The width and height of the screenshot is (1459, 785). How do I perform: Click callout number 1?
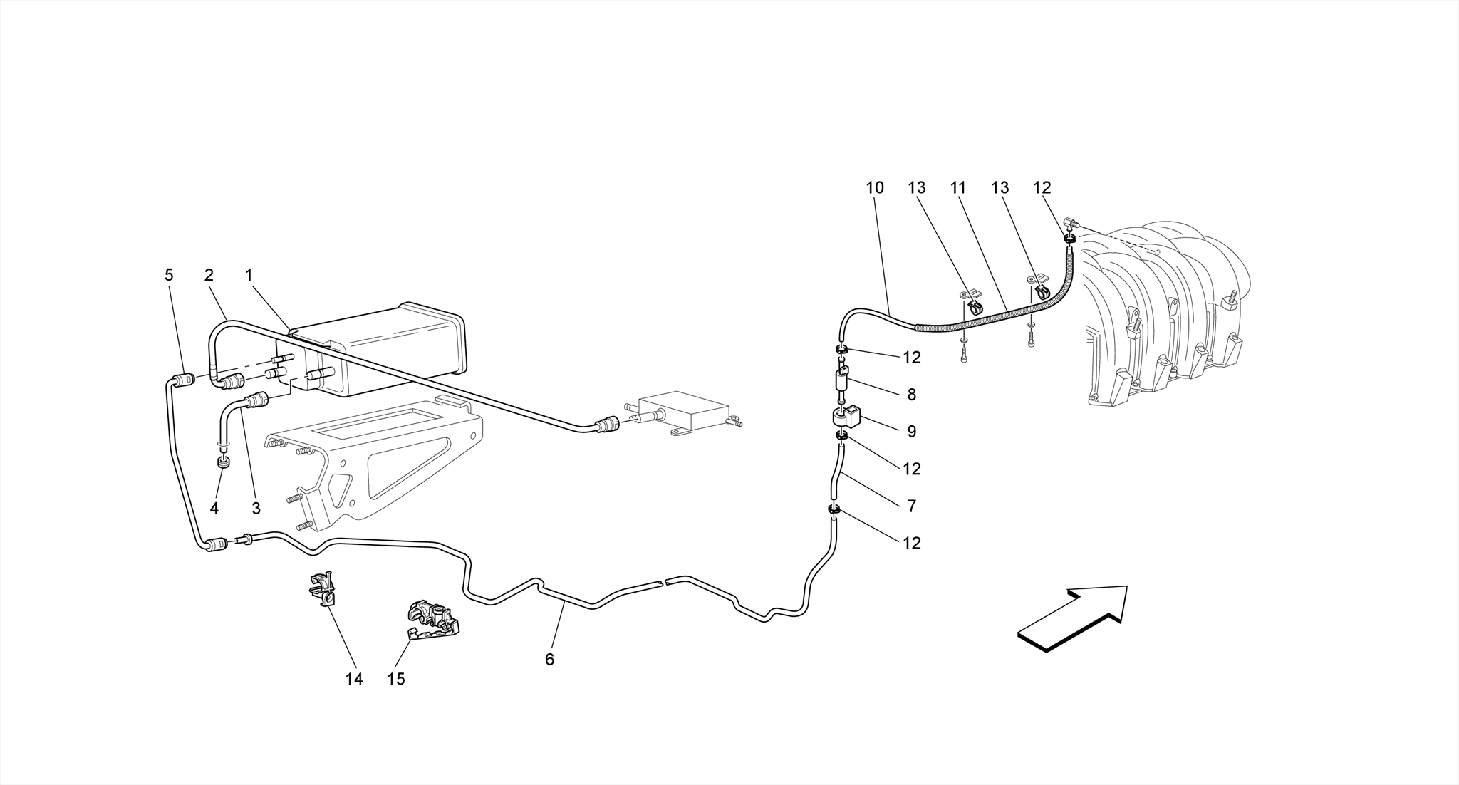click(x=249, y=275)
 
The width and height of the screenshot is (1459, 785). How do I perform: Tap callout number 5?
click(x=169, y=275)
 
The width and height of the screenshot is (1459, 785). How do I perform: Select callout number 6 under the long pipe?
click(x=549, y=660)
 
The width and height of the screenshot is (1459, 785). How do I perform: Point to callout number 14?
click(x=354, y=679)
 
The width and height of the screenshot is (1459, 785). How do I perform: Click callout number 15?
click(x=396, y=679)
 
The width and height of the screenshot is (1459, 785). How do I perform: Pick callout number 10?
click(x=875, y=187)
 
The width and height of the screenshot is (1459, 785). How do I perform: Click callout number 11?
click(x=958, y=187)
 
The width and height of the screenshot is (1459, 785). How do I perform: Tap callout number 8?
click(x=911, y=395)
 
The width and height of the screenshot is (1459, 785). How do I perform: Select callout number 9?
click(x=911, y=431)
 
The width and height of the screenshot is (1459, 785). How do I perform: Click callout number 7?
click(x=911, y=506)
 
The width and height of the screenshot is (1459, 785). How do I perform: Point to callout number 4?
click(x=214, y=508)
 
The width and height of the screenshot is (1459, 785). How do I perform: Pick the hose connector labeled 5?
click(x=185, y=379)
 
